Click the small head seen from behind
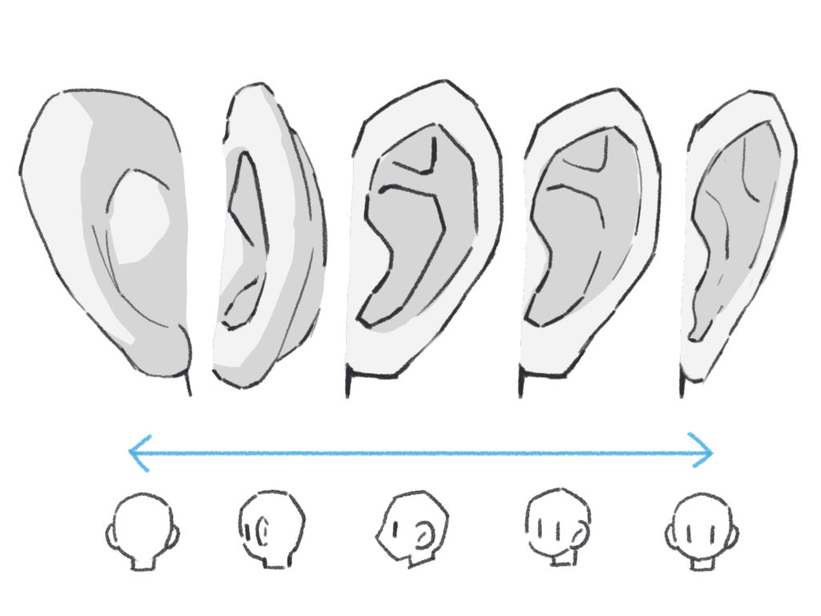click(143, 525)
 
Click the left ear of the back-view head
click(111, 533)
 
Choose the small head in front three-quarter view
click(557, 525)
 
